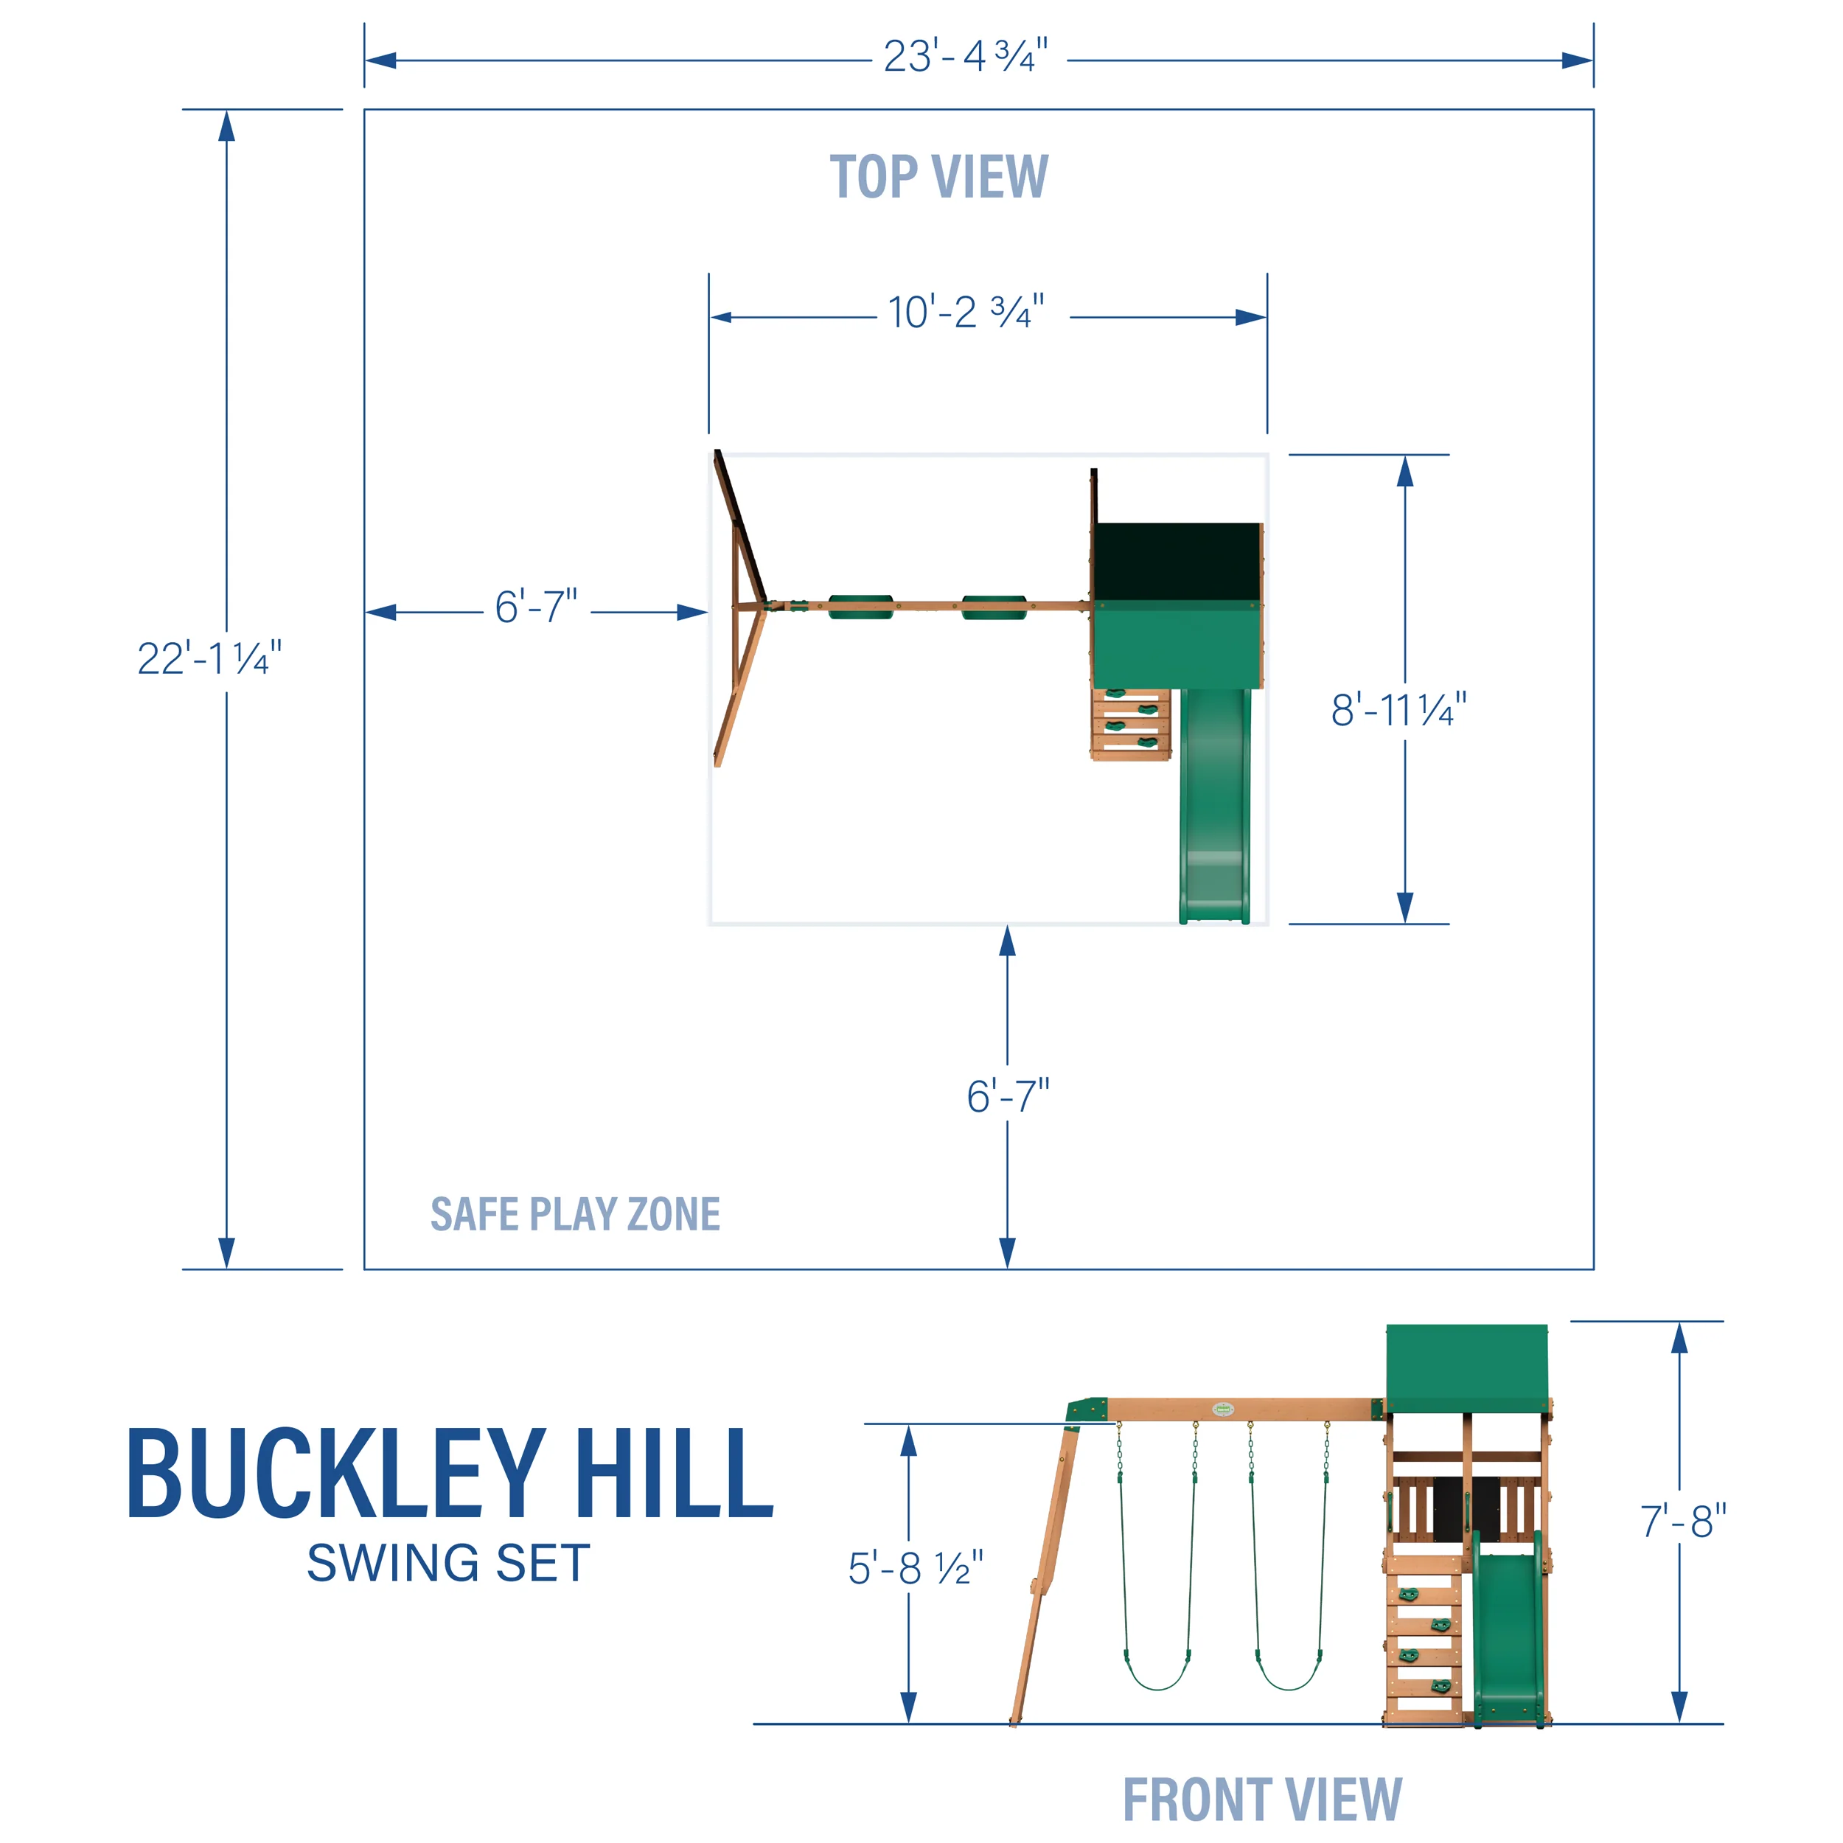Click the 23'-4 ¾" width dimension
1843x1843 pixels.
click(x=966, y=58)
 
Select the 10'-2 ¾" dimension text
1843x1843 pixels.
click(x=966, y=312)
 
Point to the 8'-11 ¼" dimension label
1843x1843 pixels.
click(x=1398, y=711)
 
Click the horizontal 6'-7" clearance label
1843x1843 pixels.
click(x=535, y=607)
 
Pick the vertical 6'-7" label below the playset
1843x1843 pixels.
click(x=1007, y=1097)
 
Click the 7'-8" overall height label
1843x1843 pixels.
click(x=1683, y=1522)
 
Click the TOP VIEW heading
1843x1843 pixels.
click(x=938, y=178)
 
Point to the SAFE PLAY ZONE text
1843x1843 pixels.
click(x=575, y=1214)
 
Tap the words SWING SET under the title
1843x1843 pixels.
click(x=448, y=1564)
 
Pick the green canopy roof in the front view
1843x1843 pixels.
click(x=1466, y=1366)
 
